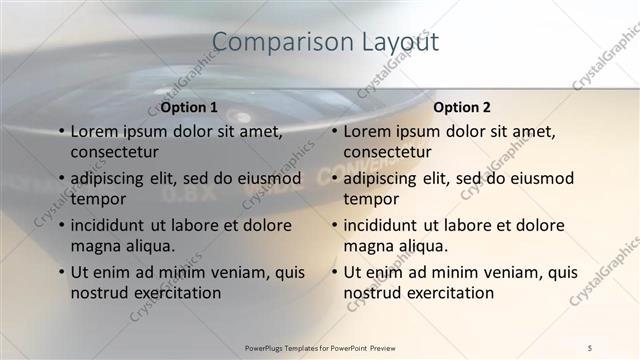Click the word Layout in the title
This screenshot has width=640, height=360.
pyautogui.click(x=398, y=42)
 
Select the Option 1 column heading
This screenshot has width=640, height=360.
pyautogui.click(x=189, y=107)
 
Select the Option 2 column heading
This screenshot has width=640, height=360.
pyautogui.click(x=462, y=107)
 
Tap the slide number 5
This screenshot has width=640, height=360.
pyautogui.click(x=590, y=347)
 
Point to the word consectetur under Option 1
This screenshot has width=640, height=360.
pyautogui.click(x=115, y=152)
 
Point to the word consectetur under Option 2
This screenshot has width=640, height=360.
pyautogui.click(x=388, y=152)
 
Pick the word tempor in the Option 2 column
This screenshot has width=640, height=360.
pyautogui.click(x=371, y=199)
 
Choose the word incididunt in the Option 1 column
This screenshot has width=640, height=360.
pyautogui.click(x=112, y=225)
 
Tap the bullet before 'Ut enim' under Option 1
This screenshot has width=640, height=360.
pyautogui.click(x=60, y=272)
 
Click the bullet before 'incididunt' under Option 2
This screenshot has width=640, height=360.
pyautogui.click(x=333, y=225)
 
